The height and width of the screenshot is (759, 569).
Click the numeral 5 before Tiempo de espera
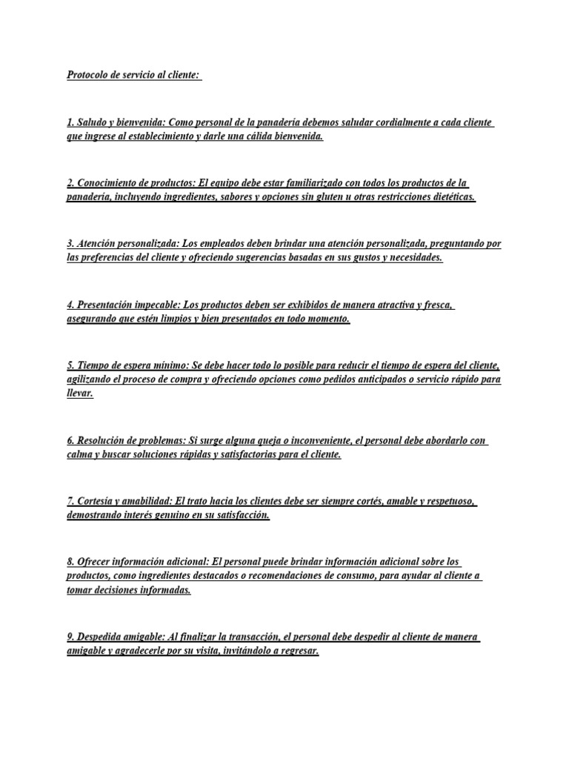pos(69,365)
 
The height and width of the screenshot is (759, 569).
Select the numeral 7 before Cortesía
pos(69,501)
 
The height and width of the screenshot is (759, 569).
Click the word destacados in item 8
pos(213,576)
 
